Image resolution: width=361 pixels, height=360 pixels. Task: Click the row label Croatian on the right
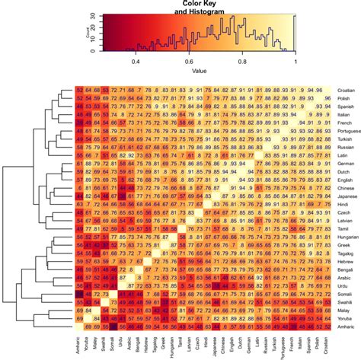click(x=345, y=91)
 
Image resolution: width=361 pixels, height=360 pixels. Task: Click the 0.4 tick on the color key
click(x=137, y=60)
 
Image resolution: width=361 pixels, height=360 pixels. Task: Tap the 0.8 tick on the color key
click(x=243, y=60)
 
